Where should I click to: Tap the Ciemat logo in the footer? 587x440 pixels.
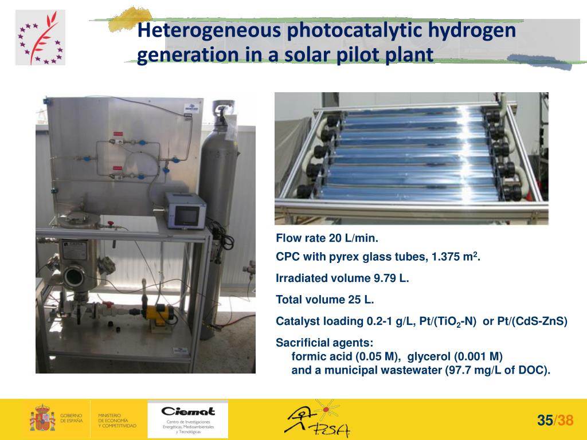pyautogui.click(x=188, y=418)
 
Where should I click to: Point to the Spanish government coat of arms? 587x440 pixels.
pyautogui.click(x=42, y=418)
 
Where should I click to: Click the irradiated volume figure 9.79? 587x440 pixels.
pyautogui.click(x=384, y=278)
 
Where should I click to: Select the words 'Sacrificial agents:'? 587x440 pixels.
pyautogui.click(x=324, y=343)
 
